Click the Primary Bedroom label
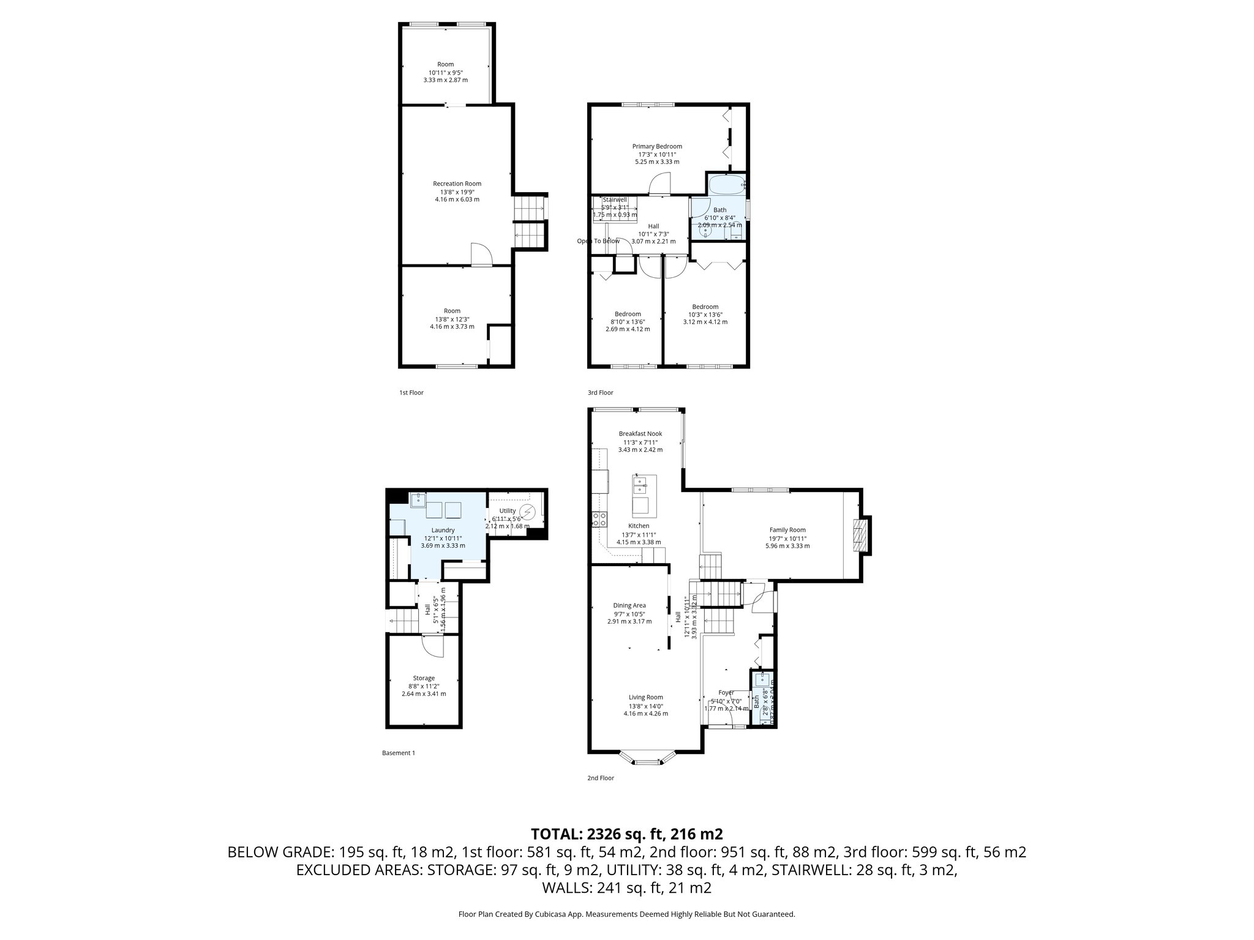click(x=657, y=146)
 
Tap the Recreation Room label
click(x=457, y=184)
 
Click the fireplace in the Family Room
click(x=862, y=535)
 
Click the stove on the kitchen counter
click(x=599, y=520)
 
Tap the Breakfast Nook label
click(x=640, y=434)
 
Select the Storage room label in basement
click(x=424, y=678)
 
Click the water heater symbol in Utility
click(x=527, y=511)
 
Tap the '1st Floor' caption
click(x=411, y=393)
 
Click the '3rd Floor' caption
click(x=600, y=393)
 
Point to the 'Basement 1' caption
click(x=398, y=753)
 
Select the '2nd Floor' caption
click(x=600, y=778)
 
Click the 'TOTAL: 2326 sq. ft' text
click(x=626, y=834)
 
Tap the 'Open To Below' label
click(x=598, y=241)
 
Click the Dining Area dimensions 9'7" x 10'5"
click(x=629, y=613)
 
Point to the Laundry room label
click(x=443, y=530)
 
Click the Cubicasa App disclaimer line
click(x=626, y=914)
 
